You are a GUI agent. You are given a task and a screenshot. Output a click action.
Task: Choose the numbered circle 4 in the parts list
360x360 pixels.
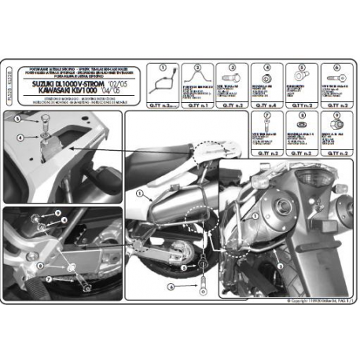tap(266, 68)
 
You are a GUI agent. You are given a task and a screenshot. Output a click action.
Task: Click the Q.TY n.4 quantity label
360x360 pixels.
tap(266, 104)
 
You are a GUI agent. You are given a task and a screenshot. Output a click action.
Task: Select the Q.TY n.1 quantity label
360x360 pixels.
tap(198, 104)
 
